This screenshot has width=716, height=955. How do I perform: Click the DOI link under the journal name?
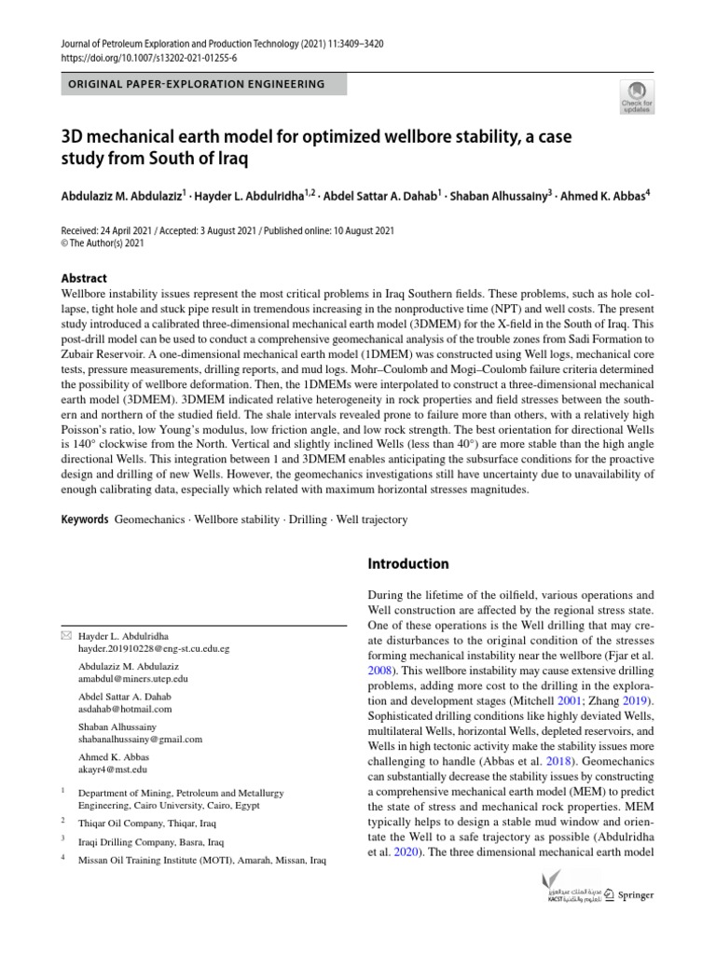click(149, 57)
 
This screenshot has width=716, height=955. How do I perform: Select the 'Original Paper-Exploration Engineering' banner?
click(197, 84)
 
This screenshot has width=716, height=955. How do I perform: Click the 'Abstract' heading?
click(84, 278)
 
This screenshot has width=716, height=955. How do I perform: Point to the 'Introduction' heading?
click(408, 563)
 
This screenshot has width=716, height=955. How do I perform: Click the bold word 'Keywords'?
click(85, 519)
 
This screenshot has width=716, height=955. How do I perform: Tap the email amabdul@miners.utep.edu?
click(132, 679)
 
